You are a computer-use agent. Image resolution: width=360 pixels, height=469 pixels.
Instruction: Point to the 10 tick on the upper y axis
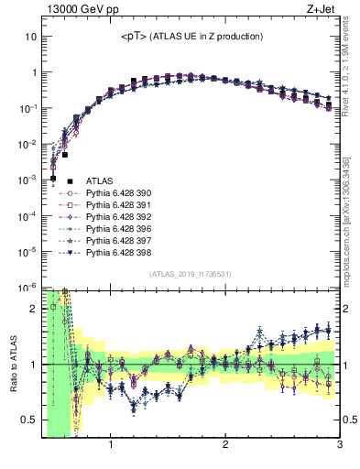(31, 37)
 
